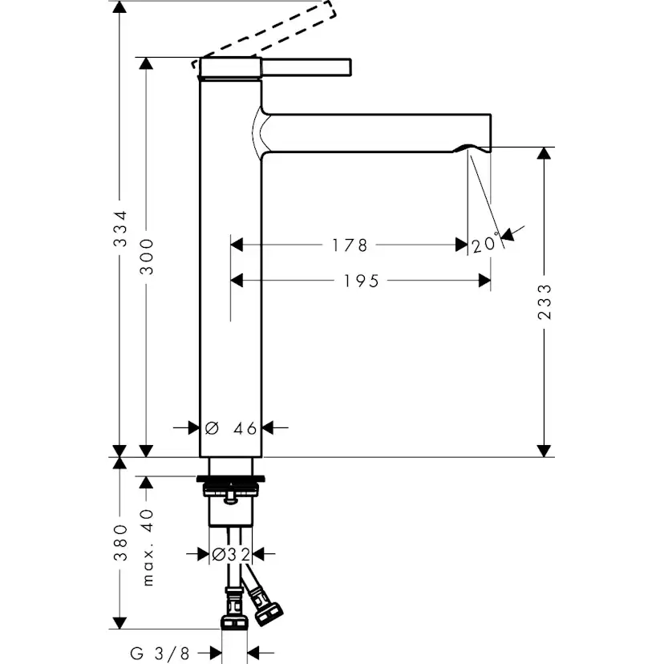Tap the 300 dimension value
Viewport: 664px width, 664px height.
[146, 255]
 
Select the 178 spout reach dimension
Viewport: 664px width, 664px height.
[350, 244]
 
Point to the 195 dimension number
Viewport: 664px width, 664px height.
[361, 280]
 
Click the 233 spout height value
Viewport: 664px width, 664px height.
[545, 302]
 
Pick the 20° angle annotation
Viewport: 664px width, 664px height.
[485, 245]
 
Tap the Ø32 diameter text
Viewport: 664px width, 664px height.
[231, 553]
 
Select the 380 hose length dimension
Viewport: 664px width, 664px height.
[119, 542]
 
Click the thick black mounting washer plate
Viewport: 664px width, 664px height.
[231, 480]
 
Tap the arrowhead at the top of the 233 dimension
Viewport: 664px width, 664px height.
[545, 154]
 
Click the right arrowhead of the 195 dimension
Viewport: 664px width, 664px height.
[484, 280]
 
